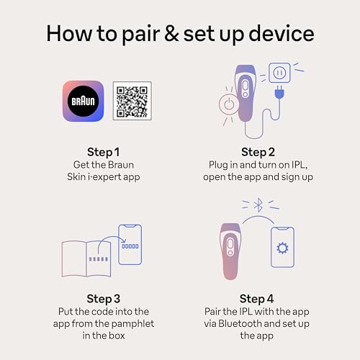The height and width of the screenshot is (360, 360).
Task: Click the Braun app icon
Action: [83, 101]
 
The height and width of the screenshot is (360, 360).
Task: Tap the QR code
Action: [132, 101]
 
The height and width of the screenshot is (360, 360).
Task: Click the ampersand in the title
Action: [171, 34]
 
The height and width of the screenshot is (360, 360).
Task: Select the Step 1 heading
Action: [104, 152]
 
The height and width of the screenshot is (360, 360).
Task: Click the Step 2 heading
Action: [258, 152]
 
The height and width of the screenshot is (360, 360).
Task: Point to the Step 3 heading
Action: [104, 299]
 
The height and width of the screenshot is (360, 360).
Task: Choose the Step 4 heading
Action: [256, 299]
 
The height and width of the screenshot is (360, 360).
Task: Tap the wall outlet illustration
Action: [279, 73]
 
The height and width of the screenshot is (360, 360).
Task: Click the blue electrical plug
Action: [279, 92]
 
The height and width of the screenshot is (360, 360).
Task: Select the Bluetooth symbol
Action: [258, 205]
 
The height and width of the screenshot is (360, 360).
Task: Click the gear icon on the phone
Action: [282, 248]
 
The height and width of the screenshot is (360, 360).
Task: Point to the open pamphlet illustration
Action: [86, 258]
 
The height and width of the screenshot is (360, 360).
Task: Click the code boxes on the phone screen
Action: [130, 246]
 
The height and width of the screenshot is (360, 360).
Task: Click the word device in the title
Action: [282, 34]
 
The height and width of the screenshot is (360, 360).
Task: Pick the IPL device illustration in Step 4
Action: [230, 251]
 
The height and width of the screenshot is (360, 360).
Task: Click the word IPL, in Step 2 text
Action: [300, 165]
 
